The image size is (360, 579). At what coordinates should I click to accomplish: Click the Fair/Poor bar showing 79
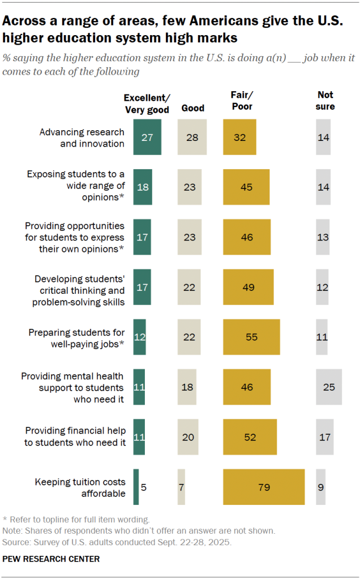tap(264, 487)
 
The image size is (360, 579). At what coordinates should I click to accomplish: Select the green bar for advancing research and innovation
tap(147, 137)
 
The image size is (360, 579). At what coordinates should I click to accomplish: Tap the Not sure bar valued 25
tap(328, 387)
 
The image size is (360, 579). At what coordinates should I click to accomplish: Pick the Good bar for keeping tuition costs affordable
tap(181, 487)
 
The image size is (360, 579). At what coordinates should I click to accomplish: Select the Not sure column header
tap(325, 101)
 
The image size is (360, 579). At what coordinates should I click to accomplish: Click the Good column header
tap(192, 108)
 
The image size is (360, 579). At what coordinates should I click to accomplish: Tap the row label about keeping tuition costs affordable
tap(80, 487)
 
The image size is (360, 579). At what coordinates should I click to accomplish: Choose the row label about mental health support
tap(72, 387)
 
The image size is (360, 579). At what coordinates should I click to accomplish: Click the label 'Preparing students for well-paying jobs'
tap(77, 337)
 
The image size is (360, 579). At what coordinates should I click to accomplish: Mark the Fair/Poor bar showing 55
tap(251, 337)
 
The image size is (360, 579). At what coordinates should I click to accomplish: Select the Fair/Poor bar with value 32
tap(239, 137)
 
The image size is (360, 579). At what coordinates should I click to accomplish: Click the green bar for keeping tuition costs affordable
tap(136, 487)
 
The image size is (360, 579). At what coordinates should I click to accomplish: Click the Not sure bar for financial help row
tap(324, 437)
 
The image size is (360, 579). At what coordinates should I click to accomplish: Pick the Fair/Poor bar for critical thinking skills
tap(248, 287)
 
